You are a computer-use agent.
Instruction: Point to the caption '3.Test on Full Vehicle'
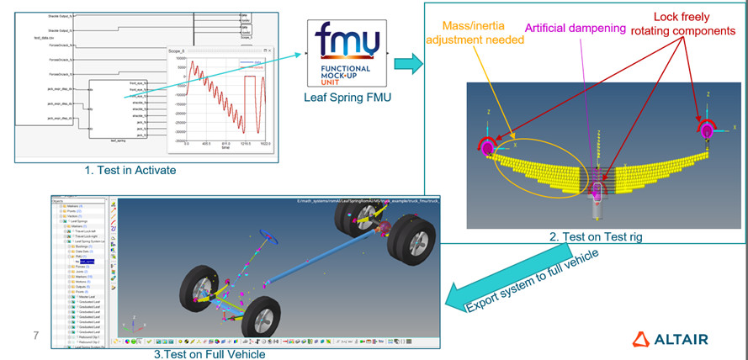pyautogui.click(x=209, y=353)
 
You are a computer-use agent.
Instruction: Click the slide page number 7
pyautogui.click(x=36, y=336)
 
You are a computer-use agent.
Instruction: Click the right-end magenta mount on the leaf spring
pyautogui.click(x=705, y=129)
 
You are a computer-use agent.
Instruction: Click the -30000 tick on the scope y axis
pyautogui.click(x=178, y=132)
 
